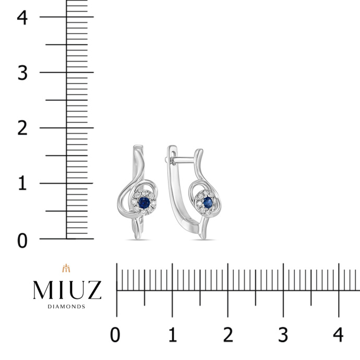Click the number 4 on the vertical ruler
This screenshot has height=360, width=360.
coord(22,17)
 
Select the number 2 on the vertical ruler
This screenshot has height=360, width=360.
coord(22,128)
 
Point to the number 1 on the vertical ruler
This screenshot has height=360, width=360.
coord(22,184)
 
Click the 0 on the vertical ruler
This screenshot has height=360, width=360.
coord(22,241)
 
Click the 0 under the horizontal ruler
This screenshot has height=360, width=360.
coord(115,335)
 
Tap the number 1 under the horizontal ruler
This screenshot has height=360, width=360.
coord(173,335)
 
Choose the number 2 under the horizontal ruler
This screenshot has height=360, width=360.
coord(228,335)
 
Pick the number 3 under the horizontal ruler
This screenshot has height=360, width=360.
coord(283,335)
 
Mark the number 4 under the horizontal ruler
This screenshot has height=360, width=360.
coord(338,335)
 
